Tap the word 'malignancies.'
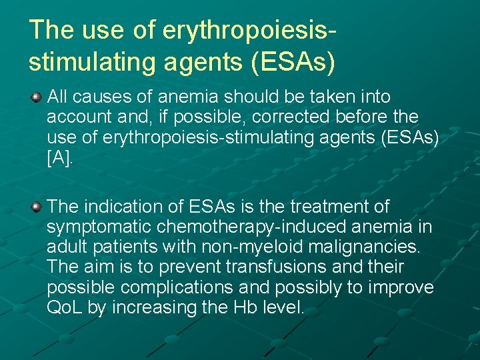click(x=365, y=247)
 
